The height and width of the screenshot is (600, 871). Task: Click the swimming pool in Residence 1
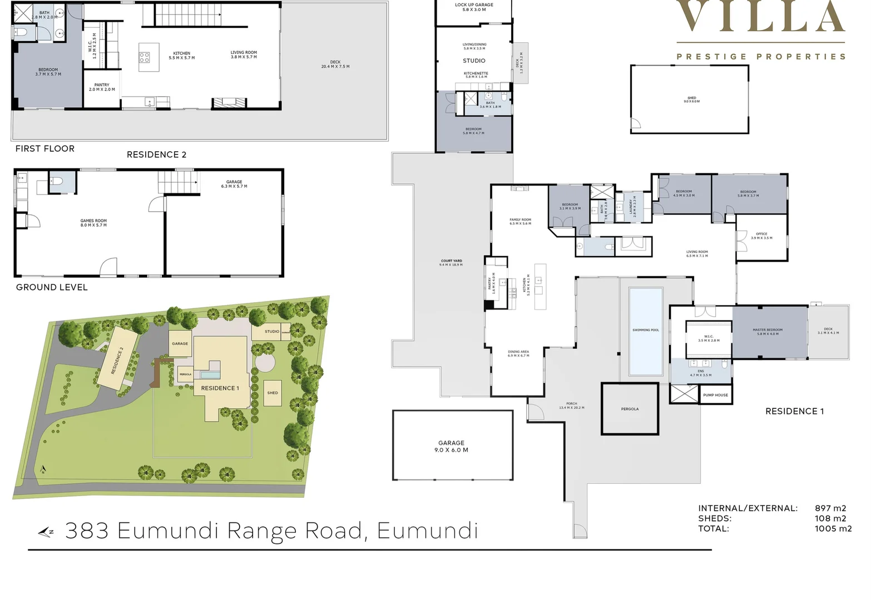(x=645, y=331)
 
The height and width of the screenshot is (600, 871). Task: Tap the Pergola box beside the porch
(x=630, y=409)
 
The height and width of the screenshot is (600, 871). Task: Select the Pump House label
(x=715, y=395)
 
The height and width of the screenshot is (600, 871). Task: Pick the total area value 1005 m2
(x=833, y=528)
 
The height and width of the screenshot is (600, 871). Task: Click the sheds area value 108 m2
(x=830, y=518)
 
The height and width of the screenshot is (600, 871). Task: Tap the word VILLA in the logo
(x=760, y=17)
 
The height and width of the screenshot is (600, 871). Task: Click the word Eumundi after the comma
(x=427, y=531)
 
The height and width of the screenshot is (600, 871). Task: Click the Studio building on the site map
(x=271, y=332)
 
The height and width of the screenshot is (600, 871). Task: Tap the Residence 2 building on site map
(x=117, y=360)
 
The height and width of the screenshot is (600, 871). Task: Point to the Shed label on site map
(x=273, y=393)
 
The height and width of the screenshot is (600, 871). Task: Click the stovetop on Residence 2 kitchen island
(x=145, y=58)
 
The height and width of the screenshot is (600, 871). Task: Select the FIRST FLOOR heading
(x=45, y=148)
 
